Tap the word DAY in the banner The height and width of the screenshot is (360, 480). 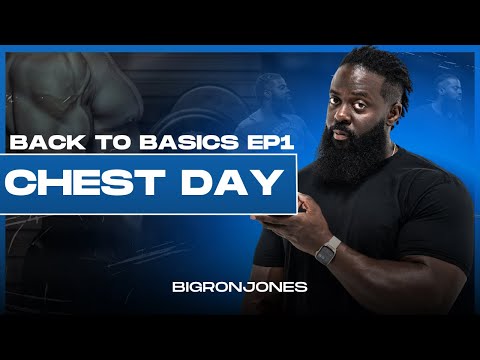point(226,184)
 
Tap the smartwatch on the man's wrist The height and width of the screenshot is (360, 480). point(326,250)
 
